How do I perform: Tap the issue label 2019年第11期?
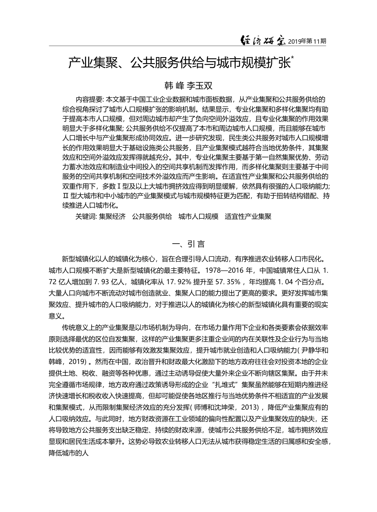click(x=308, y=41)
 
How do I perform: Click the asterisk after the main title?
click(x=292, y=58)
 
